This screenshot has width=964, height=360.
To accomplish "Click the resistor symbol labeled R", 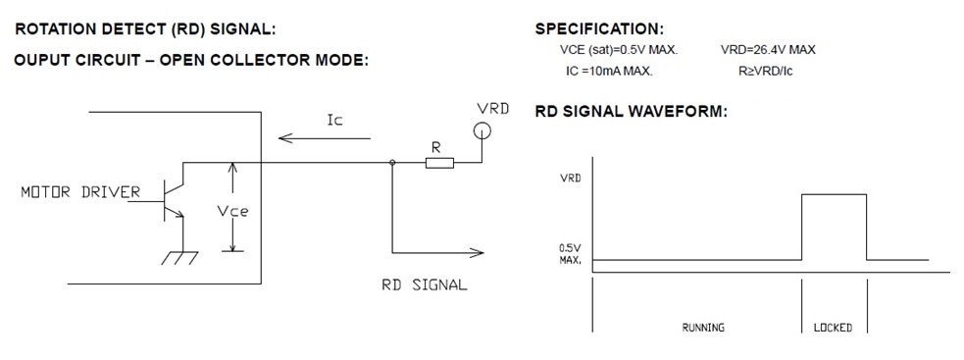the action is pos(439,163).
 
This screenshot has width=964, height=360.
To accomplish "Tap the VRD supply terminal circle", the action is pos(482,130).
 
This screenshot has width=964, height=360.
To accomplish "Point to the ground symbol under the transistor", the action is pos(179,257).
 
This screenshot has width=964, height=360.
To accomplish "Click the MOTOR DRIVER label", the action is pos(80,192).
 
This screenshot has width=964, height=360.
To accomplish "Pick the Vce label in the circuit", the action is pos(232,211).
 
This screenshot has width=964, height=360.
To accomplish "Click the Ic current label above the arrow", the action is pos(334,120).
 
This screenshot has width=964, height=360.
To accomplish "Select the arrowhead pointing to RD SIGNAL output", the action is pos(477,252).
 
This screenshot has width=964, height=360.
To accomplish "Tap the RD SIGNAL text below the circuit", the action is pos(425,284).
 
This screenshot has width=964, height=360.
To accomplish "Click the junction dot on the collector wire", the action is pos(391,163).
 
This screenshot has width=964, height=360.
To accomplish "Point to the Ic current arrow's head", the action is pos(284,138).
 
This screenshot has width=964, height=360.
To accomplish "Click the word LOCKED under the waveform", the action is pos(833,328).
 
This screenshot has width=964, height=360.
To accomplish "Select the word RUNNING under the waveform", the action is pos(703,328).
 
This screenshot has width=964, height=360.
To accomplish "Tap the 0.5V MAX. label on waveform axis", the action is pos(570,254).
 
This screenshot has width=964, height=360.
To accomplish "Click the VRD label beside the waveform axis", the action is pos(571,178).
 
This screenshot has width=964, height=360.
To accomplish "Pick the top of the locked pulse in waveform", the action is pos(835,194).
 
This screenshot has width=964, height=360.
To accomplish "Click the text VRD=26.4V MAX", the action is pos(768,50).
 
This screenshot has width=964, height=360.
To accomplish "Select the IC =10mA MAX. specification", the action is pos(609,71).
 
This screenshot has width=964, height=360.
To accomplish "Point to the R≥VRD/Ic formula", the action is pos(766,71).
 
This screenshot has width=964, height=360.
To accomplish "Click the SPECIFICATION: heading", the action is pos(599,28).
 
